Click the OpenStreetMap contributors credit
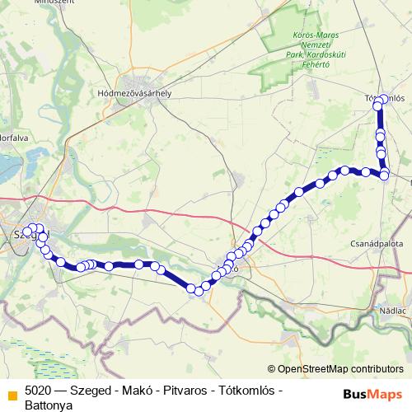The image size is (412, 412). [340, 370]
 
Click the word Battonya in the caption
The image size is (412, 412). [49, 405]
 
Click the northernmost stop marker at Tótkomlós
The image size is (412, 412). [382, 100]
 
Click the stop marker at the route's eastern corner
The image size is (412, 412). [384, 175]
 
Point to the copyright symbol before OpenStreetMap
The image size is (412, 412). [271, 370]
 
